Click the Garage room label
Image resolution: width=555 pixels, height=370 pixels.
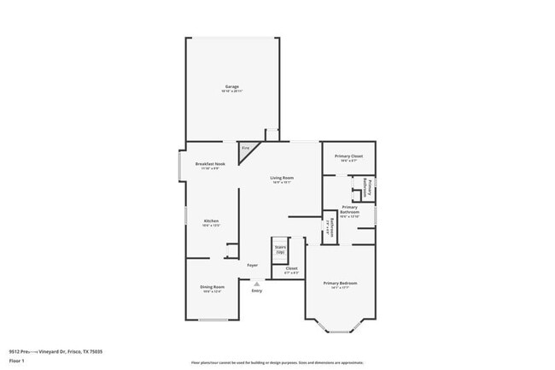(231, 86)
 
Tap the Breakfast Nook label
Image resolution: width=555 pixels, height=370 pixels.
(210, 163)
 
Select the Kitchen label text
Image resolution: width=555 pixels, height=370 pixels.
(211, 221)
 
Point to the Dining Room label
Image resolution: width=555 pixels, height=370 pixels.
(212, 286)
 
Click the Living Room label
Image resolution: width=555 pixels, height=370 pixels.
(282, 178)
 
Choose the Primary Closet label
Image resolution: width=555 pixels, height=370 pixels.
(348, 156)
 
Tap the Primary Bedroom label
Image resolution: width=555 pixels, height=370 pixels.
(340, 283)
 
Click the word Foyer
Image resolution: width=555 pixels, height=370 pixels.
(253, 266)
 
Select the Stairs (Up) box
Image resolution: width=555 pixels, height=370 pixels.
(279, 249)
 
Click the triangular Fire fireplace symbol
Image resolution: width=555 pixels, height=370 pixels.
(247, 149)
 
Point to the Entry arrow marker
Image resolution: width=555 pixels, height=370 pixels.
(256, 284)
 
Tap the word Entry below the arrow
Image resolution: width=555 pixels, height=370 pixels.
(256, 291)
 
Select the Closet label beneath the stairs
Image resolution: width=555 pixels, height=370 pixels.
(291, 268)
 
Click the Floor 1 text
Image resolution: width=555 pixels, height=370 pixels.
(17, 360)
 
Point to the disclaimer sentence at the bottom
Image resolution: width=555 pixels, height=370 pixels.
(277, 362)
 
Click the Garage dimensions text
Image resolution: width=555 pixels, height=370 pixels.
(231, 91)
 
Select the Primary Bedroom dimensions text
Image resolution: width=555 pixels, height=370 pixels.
(340, 288)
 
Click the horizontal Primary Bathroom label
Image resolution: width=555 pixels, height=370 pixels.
(349, 207)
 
